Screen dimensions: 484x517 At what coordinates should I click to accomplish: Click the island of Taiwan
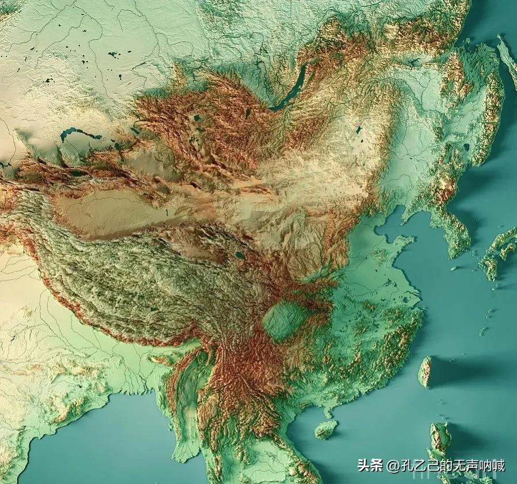point(425,372)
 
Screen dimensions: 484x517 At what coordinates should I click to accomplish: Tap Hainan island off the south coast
point(326,429)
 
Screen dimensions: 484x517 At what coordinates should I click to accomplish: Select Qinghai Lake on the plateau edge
point(239,254)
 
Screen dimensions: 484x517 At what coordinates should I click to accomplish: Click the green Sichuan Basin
point(285,320)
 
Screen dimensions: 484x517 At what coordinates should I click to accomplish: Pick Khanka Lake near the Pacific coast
point(466,147)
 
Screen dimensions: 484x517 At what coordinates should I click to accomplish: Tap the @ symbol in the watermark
point(393,466)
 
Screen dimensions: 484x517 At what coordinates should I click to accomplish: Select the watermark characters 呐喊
point(493,465)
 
